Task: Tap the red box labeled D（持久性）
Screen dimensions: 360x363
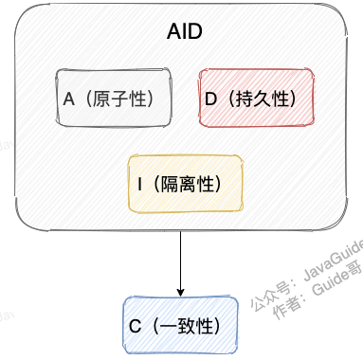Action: pos(257,98)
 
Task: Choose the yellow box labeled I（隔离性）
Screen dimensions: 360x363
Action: pos(186,182)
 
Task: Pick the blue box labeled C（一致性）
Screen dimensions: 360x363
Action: pos(181,324)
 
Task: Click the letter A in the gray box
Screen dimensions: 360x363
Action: pos(68,98)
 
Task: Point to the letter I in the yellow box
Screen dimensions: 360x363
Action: pos(139,182)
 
